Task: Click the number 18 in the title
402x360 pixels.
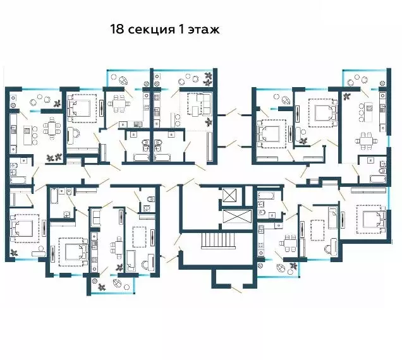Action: point(117,29)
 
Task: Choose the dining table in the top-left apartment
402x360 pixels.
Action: point(51,130)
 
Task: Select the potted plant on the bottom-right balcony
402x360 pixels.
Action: point(294,266)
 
